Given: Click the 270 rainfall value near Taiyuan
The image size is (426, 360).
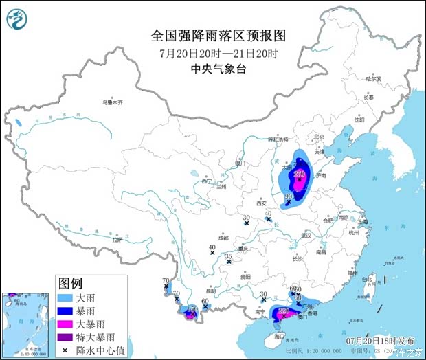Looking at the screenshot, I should coord(299,175).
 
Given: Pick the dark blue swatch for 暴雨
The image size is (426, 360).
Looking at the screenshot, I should coord(65,310).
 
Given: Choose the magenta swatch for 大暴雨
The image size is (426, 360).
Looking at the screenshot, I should coord(65,323).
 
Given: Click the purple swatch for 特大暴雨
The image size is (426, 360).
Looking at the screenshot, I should coord(65,336).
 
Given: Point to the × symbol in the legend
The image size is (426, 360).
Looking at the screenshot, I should coord(65,349).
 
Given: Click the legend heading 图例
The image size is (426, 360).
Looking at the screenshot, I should coord(71,282).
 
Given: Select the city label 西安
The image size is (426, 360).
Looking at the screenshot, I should coord(262,203).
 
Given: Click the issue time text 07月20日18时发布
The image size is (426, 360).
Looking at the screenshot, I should coord(381,340).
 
